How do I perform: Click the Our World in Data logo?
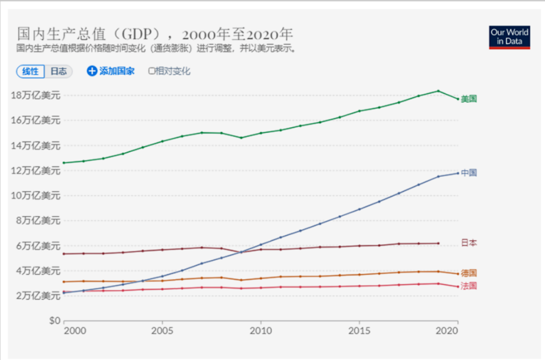click(x=509, y=37)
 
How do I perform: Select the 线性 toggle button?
click(x=30, y=71)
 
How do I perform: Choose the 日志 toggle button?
click(x=58, y=71)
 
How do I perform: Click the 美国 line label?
click(x=469, y=99)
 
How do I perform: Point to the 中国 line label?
click(x=469, y=173)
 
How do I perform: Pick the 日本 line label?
click(x=469, y=243)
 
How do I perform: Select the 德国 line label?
click(x=469, y=273)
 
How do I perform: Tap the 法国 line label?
click(x=469, y=286)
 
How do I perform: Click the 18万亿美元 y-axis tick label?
click(x=35, y=95)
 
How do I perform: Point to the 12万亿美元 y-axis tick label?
click(x=35, y=171)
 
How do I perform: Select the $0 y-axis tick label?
click(x=54, y=321)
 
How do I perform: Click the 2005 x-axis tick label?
click(x=162, y=331)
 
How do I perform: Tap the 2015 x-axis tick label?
click(x=359, y=331)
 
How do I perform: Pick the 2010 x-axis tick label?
click(x=261, y=331)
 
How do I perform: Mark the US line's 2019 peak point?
click(x=438, y=91)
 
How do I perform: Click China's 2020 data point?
click(x=457, y=173)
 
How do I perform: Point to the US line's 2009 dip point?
click(x=241, y=137)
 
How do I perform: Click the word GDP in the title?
click(x=141, y=32)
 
